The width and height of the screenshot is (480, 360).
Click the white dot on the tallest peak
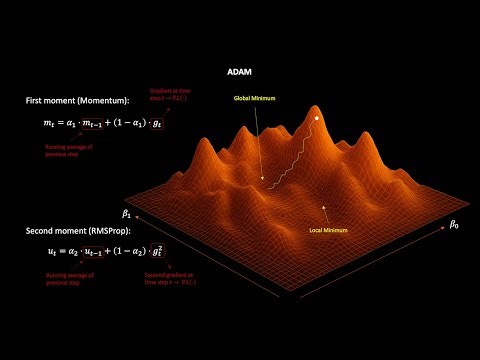coord(317,119)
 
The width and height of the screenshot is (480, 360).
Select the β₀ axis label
coord(452,225)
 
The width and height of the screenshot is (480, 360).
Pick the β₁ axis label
coord(127,213)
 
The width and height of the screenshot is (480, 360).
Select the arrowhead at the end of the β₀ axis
coord(440,236)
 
